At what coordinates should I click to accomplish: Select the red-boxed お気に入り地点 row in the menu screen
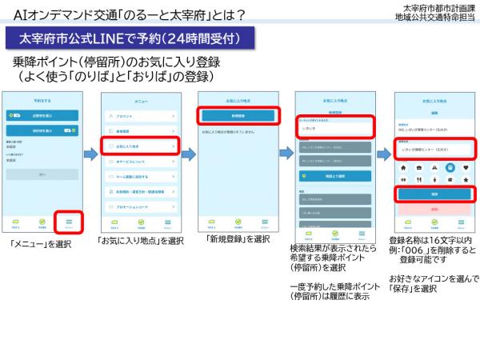(142, 147)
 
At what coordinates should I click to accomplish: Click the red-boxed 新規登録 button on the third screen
(238, 114)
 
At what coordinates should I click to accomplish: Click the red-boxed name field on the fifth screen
(433, 148)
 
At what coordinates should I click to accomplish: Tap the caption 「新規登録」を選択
(238, 238)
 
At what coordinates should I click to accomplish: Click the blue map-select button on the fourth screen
(334, 175)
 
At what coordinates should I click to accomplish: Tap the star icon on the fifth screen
(466, 181)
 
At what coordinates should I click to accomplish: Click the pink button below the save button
(433, 207)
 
